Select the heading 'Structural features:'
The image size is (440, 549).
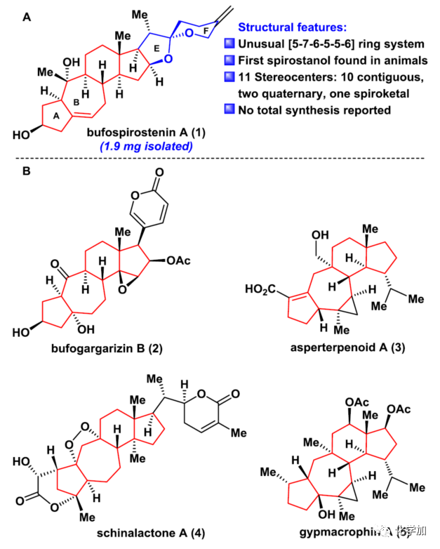[291, 27]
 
